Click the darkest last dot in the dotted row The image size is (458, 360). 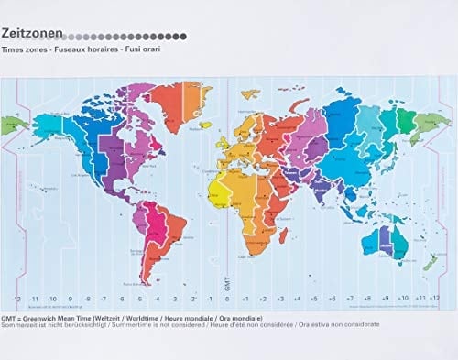[184, 37]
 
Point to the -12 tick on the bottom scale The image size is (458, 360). [17, 299]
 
